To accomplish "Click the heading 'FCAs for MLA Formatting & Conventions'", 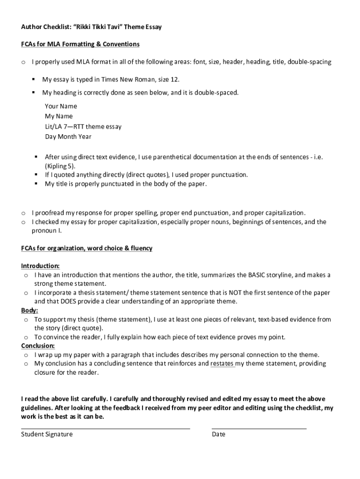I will (x=80, y=44).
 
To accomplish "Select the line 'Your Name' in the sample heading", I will (x=61, y=106).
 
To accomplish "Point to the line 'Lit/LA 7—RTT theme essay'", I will (x=83, y=126).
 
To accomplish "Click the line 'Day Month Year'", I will (x=68, y=137).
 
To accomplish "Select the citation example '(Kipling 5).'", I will (x=60, y=166).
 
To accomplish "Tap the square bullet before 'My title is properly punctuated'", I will (x=36, y=184).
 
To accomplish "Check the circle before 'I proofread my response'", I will (x=23, y=213).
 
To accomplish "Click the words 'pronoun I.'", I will (x=46, y=231).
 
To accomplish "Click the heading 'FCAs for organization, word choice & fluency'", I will (x=86, y=248).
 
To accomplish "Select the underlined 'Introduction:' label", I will (x=40, y=266).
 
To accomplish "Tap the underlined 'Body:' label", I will (x=29, y=310).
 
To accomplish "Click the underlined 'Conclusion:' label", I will (x=38, y=346).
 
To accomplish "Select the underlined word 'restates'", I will (x=222, y=363).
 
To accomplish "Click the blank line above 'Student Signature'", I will (x=105, y=427).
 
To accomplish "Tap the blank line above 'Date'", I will (x=259, y=427).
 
